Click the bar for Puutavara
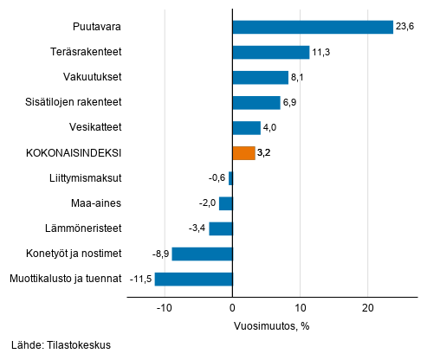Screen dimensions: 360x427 [313, 27]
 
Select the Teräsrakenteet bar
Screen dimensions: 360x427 [271, 52]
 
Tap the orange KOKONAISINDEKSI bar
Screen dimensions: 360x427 [243, 153]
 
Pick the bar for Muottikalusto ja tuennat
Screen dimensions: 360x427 [194, 279]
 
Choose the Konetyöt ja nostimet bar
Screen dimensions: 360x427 [203, 254]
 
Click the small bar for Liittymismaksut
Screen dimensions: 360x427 [230, 178]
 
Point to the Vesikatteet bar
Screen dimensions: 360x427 [247, 128]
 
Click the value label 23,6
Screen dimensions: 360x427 [406, 27]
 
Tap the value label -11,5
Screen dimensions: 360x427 [140, 279]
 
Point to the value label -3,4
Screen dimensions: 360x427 [197, 228]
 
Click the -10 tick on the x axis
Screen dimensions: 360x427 [163, 307]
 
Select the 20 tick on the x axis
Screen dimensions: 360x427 [368, 307]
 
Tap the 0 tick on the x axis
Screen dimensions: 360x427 [233, 307]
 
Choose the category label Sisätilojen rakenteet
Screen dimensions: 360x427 [73, 102]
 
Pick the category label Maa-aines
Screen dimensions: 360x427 [95, 203]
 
